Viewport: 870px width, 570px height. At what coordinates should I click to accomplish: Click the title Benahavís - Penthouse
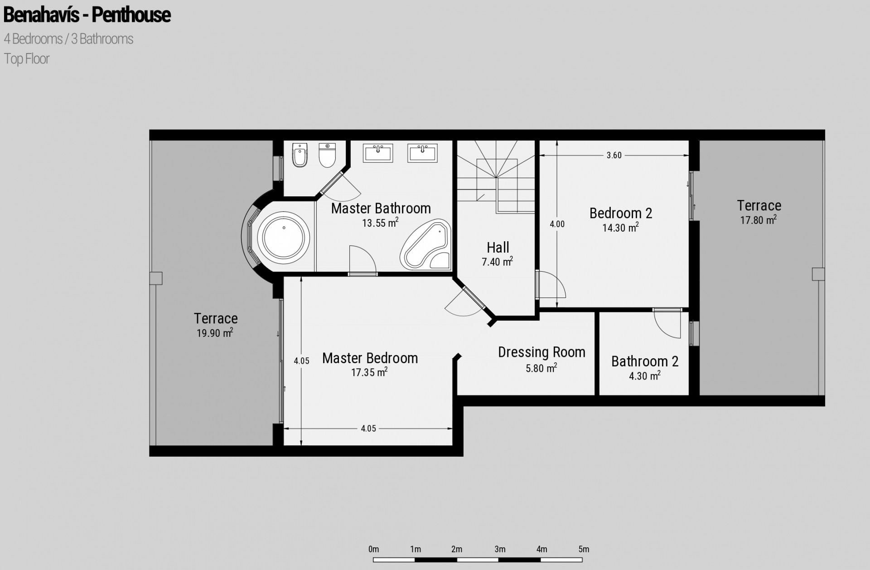(x=87, y=15)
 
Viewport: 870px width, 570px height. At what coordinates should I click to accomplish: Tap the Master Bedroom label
(x=370, y=358)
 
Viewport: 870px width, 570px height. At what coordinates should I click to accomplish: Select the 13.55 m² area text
(x=380, y=223)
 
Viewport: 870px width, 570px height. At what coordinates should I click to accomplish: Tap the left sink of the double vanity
(x=378, y=153)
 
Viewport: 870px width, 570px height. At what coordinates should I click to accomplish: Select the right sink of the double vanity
(x=422, y=153)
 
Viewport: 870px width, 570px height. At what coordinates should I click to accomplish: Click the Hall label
(x=498, y=248)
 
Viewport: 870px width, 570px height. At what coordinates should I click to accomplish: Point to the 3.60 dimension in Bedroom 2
(x=614, y=155)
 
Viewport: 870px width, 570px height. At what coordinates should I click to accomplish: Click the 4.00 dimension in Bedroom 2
(x=557, y=224)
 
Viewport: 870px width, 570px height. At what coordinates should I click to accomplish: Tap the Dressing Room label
(x=541, y=352)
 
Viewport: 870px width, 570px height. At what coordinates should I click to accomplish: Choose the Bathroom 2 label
(x=645, y=361)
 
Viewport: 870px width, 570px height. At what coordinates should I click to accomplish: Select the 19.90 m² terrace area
(x=215, y=333)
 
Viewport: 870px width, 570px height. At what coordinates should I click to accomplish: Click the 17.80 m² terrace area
(x=759, y=220)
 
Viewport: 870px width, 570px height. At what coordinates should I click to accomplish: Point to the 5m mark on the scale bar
(x=584, y=549)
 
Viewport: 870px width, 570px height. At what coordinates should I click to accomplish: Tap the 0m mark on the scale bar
(x=373, y=549)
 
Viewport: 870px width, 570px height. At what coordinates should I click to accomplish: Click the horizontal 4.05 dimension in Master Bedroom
(x=368, y=429)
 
